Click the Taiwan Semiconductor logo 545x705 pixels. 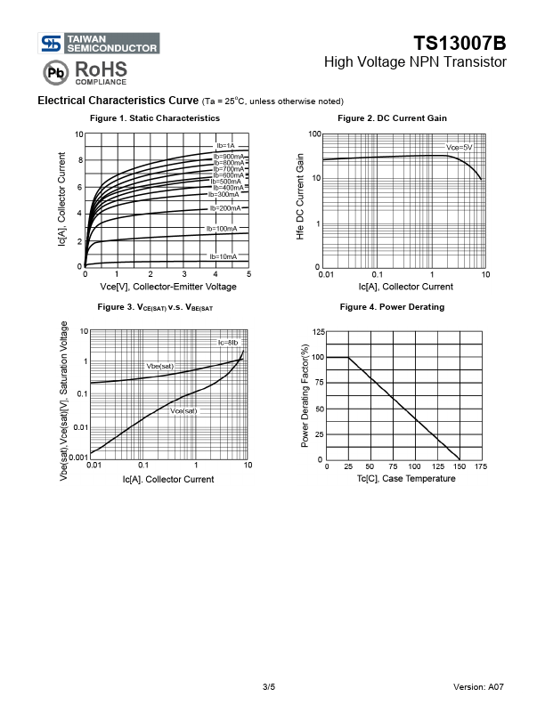click(x=99, y=43)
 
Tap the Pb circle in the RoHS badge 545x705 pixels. click(x=56, y=72)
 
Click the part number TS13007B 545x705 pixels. click(x=460, y=43)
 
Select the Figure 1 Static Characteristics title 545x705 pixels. click(x=155, y=118)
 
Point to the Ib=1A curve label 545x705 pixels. click(x=225, y=146)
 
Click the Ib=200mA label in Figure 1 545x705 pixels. click(x=224, y=208)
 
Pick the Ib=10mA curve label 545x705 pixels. click(x=223, y=256)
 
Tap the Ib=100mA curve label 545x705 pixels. click(x=222, y=229)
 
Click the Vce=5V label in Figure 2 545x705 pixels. click(x=460, y=147)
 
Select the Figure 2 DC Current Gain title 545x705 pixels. click(x=392, y=118)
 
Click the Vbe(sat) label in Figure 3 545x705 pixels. click(x=159, y=366)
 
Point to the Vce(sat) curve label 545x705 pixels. click(x=183, y=411)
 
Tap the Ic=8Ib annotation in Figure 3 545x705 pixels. click(x=228, y=343)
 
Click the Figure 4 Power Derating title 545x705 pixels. click(x=392, y=307)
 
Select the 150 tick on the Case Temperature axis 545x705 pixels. click(x=460, y=466)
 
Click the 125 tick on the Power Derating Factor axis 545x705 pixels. click(x=319, y=332)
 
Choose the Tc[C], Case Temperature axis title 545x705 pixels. click(x=406, y=478)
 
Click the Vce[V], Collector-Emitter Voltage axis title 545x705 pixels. click(x=168, y=287)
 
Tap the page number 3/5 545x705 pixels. click(x=269, y=687)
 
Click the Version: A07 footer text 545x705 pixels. click(x=478, y=687)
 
